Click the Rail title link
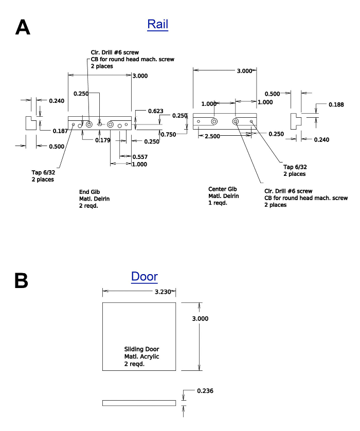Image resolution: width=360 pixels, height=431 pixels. coord(157,24)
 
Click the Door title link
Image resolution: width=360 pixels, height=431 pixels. coord(145,277)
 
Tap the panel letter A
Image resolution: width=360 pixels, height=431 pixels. coord(23,27)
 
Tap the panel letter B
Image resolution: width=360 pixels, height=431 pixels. coord(21,280)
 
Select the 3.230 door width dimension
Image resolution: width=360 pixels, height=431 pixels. coord(163,292)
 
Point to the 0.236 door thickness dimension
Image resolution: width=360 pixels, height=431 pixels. coord(205,390)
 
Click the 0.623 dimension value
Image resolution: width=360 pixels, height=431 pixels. coord(155,111)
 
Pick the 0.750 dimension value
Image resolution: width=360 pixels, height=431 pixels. coord(168,134)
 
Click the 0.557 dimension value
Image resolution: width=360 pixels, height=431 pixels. coord(140,157)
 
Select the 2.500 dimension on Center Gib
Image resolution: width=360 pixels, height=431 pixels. coord(212,136)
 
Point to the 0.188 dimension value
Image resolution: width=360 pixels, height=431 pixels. coord(336,104)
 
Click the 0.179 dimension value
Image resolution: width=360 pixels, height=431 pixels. coord(103,140)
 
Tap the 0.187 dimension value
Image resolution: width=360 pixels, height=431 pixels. coord(60,131)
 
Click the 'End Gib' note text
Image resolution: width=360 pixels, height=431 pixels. coord(89,192)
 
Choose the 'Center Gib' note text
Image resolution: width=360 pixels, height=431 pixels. coord(222,189)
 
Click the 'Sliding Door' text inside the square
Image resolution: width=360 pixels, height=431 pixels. coord(141,349)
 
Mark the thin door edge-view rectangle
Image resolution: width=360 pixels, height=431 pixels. coord(139,403)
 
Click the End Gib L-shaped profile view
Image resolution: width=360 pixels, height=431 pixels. coord(31,123)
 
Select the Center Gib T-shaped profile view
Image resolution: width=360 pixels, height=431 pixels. coord(296,121)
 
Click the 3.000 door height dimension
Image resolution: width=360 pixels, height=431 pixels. coord(200,318)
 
